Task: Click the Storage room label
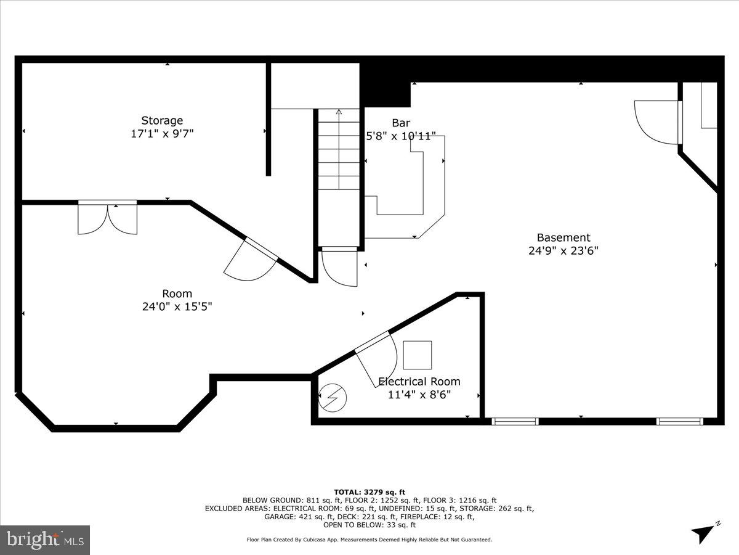pos(162,120)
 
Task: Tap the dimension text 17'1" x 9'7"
pos(162,134)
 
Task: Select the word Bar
pos(401,123)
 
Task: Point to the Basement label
pos(563,237)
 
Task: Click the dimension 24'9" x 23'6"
pos(563,251)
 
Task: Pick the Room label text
pos(177,294)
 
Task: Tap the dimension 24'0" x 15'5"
pos(177,307)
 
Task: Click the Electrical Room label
pos(419,382)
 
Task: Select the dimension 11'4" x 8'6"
pos(419,395)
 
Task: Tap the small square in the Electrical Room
pos(418,355)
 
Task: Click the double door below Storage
pos(108,218)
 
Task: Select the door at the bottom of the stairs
pos(339,266)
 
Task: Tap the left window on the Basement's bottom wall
pos(515,422)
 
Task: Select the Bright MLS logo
pos(45,540)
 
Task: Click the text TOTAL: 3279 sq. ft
pos(369,491)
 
